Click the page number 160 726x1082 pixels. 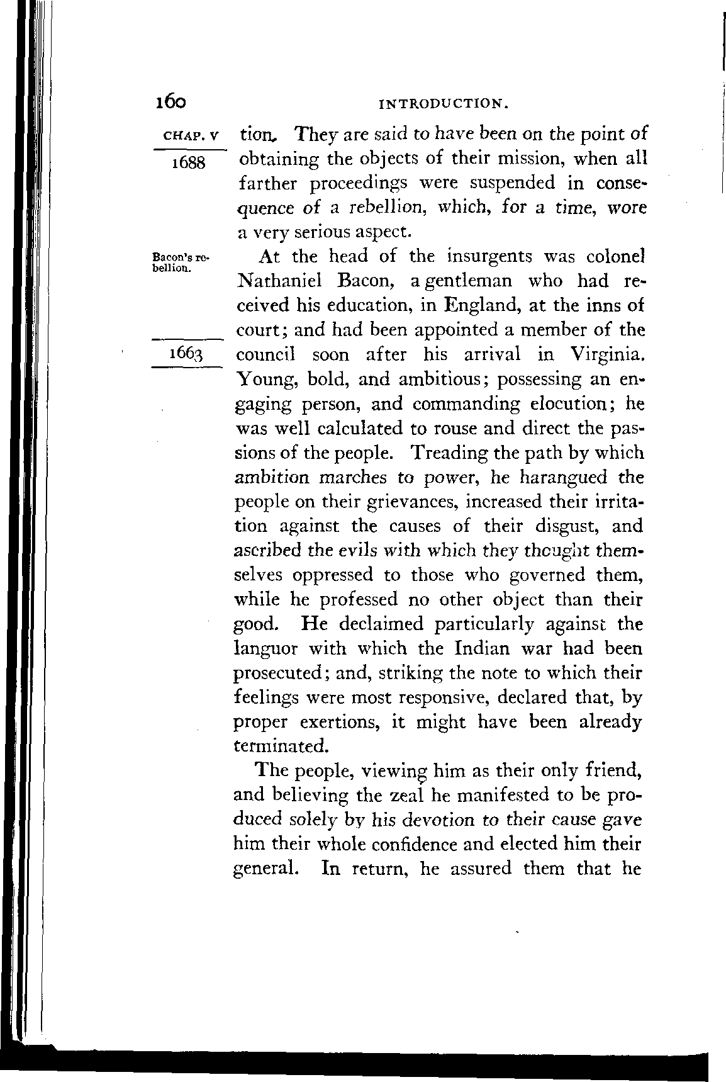coord(169,101)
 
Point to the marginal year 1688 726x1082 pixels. coord(188,162)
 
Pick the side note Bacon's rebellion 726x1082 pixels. coord(180,262)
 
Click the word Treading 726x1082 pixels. coord(451,453)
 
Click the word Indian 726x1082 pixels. coord(484,648)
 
